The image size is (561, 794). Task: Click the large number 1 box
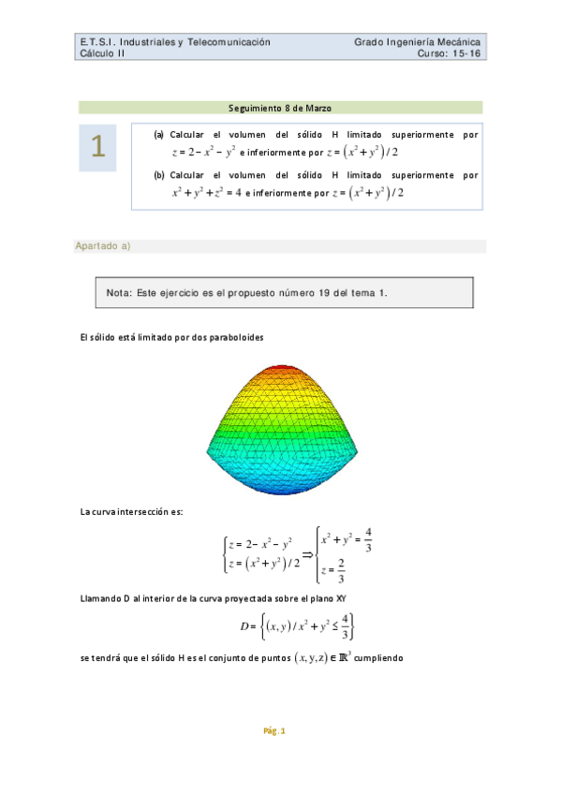tap(97, 147)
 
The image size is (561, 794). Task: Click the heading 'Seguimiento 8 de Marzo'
tap(280, 108)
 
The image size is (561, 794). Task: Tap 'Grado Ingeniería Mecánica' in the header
tap(418, 42)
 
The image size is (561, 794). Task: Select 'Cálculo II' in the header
tap(103, 53)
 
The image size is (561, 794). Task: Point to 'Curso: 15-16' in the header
tap(450, 53)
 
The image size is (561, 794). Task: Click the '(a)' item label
tap(159, 135)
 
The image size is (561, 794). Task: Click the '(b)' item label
tap(159, 175)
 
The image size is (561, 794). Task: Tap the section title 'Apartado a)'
tap(103, 246)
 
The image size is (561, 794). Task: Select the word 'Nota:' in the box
tap(119, 293)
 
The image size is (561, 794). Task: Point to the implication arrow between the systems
tap(305, 551)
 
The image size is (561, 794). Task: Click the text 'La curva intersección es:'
tap(132, 510)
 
